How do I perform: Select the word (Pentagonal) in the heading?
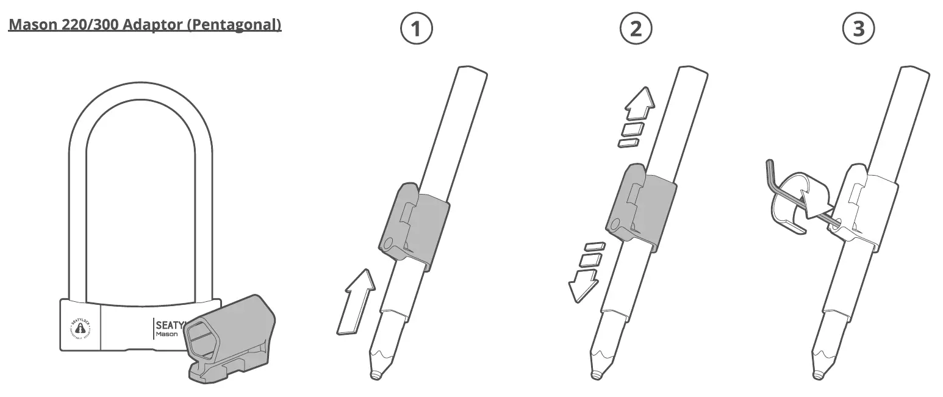point(242,25)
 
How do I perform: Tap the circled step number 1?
point(416,29)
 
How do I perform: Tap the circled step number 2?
point(636,29)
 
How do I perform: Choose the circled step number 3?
point(858,29)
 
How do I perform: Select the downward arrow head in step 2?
point(582,285)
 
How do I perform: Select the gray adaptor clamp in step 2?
point(640,207)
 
